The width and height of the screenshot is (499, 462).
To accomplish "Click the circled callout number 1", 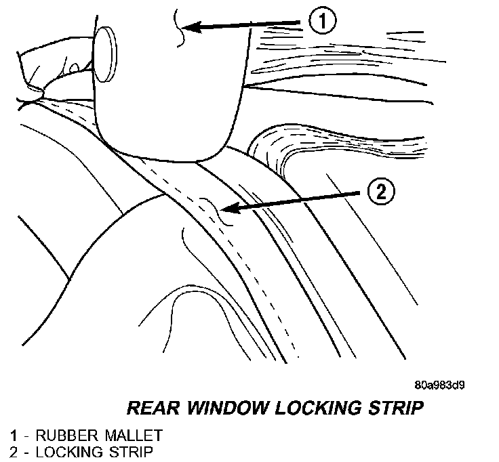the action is click(322, 22).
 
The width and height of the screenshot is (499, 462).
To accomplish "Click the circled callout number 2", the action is click(380, 192).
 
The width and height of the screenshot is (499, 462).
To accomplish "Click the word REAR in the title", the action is click(151, 408).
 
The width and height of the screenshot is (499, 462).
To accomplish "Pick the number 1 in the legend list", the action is click(13, 434).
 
